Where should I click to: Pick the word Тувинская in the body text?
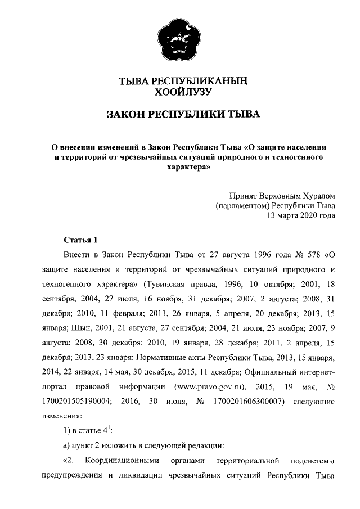pyautogui.click(x=166, y=281)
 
